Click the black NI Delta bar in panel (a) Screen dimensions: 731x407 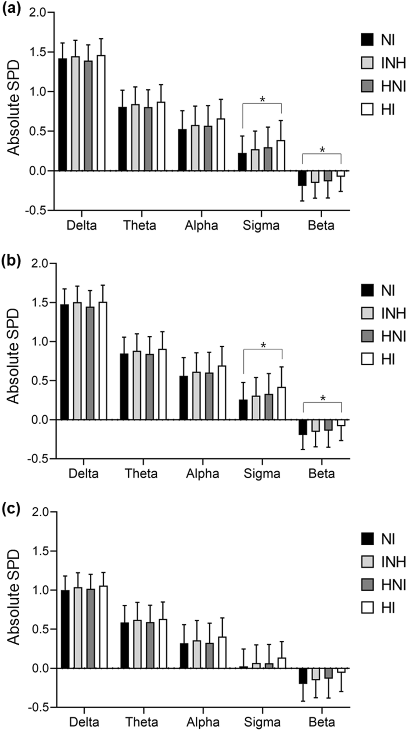(62, 115)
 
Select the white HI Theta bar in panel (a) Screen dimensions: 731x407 (161, 136)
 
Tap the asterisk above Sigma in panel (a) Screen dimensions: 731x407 (262, 100)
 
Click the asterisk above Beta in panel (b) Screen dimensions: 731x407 (323, 399)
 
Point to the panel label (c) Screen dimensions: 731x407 (11, 510)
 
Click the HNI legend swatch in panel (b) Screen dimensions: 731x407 (367, 336)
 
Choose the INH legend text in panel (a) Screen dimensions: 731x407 (393, 63)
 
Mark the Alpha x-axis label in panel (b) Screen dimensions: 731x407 (202, 474)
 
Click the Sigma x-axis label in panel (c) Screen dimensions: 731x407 (262, 722)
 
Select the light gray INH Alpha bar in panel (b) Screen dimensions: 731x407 (196, 396)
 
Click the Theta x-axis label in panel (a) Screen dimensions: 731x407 (139, 225)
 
